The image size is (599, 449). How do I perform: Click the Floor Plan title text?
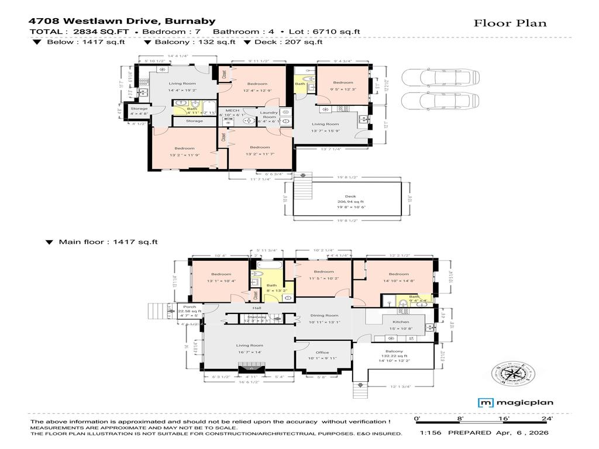(x=510, y=23)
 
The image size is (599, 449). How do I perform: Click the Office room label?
(x=322, y=353)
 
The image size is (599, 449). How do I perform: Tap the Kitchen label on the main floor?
(x=401, y=322)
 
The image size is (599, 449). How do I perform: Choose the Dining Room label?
(x=324, y=316)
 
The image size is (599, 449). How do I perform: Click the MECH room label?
(x=232, y=110)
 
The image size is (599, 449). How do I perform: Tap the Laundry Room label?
(x=268, y=115)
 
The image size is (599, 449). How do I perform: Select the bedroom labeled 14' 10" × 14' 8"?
(x=398, y=278)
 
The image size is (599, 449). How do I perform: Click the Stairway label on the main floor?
(x=257, y=317)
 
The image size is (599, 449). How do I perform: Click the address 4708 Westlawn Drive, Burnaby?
(x=122, y=20)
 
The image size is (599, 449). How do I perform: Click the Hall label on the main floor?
(x=256, y=308)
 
